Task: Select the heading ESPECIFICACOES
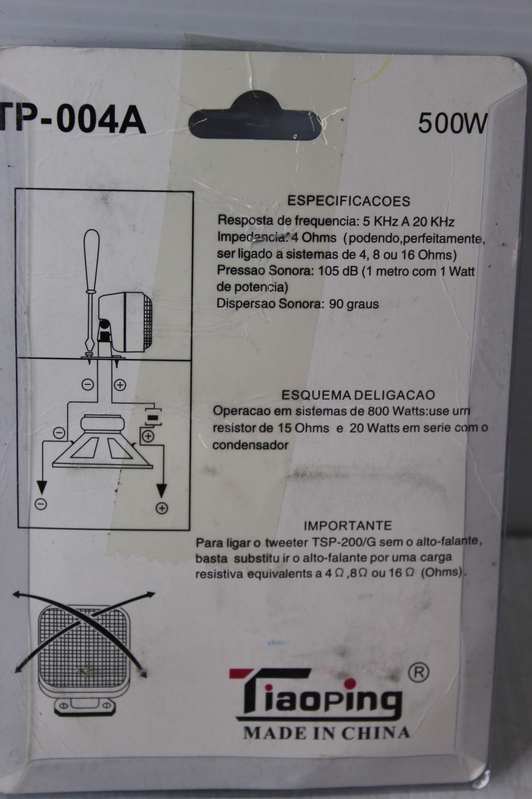pyautogui.click(x=349, y=201)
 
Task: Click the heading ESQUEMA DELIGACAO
pyautogui.click(x=358, y=395)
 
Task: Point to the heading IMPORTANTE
pyautogui.click(x=348, y=526)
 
